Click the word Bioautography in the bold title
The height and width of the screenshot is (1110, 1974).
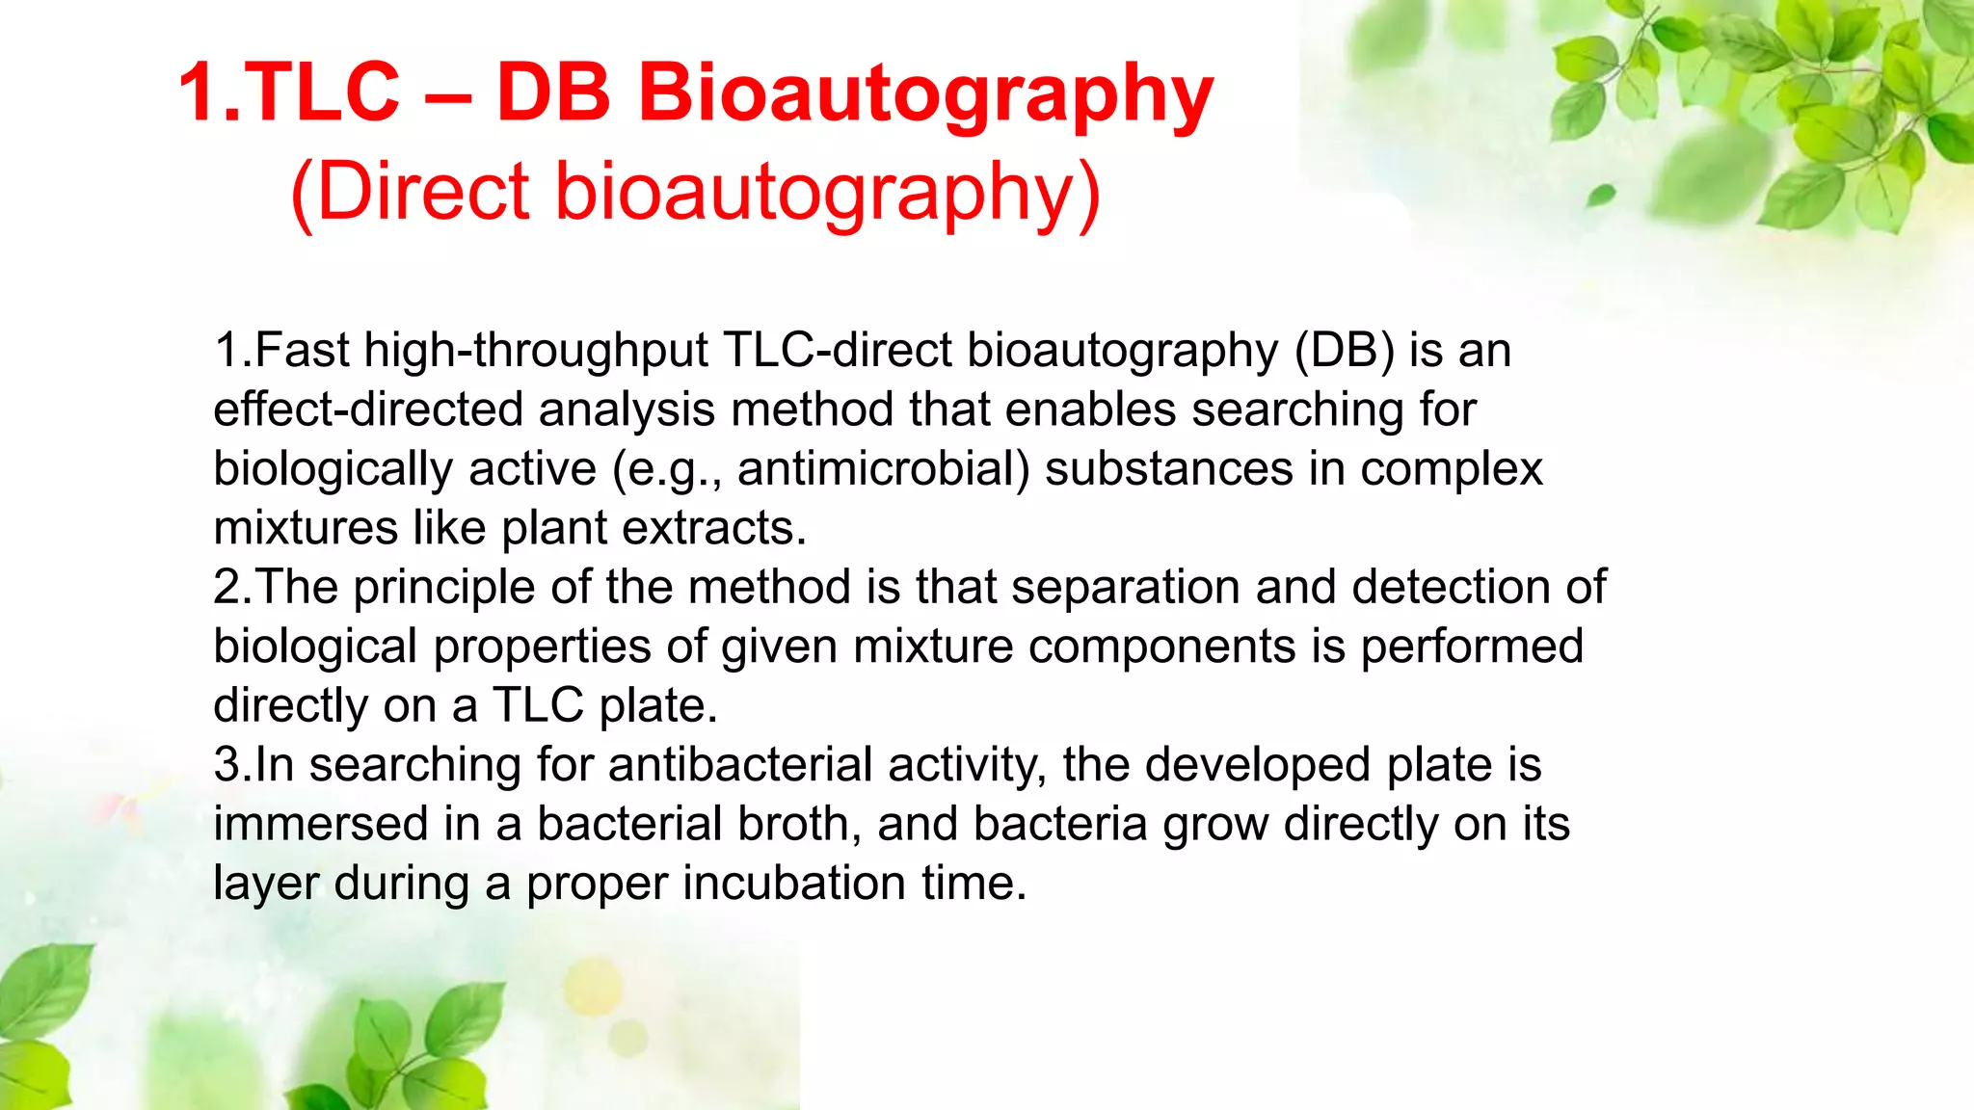pos(925,94)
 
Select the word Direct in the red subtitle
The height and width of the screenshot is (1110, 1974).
pos(424,191)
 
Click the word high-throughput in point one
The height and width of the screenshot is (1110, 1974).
pos(536,350)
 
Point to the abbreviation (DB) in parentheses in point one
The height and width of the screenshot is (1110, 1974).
pos(1344,350)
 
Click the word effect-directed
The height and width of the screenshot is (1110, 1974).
pos(367,409)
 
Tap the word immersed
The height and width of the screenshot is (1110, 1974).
pos(321,825)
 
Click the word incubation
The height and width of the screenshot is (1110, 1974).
pos(794,884)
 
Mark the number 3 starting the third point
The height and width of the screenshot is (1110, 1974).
pos(227,765)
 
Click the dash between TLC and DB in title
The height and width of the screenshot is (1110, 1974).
pos(447,94)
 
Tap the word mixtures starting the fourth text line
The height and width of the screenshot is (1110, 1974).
pos(306,528)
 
